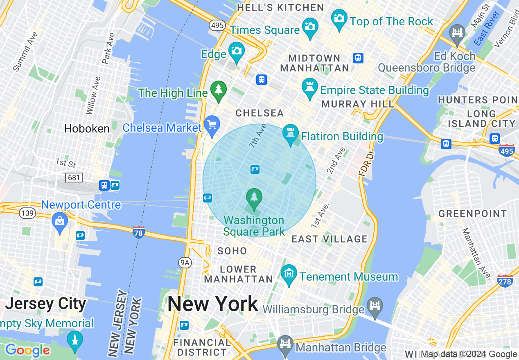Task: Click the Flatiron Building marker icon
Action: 291,134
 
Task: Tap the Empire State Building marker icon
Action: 310,87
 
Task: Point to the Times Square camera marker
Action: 310,27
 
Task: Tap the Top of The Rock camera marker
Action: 339,19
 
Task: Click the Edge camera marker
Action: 236,51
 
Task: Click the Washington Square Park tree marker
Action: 254,198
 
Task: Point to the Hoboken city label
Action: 86,128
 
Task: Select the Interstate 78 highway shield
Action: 138,232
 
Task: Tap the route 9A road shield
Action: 185,263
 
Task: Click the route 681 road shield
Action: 74,177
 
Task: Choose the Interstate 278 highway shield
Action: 505,281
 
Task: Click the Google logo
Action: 27,351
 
